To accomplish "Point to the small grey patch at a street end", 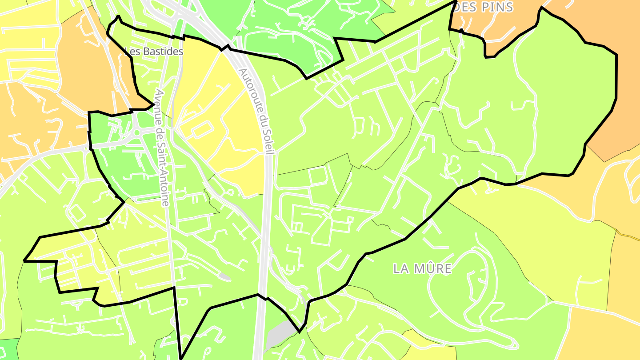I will pyautogui.click(x=225, y=276).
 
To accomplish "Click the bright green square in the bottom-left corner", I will pyautogui.click(x=9, y=349).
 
